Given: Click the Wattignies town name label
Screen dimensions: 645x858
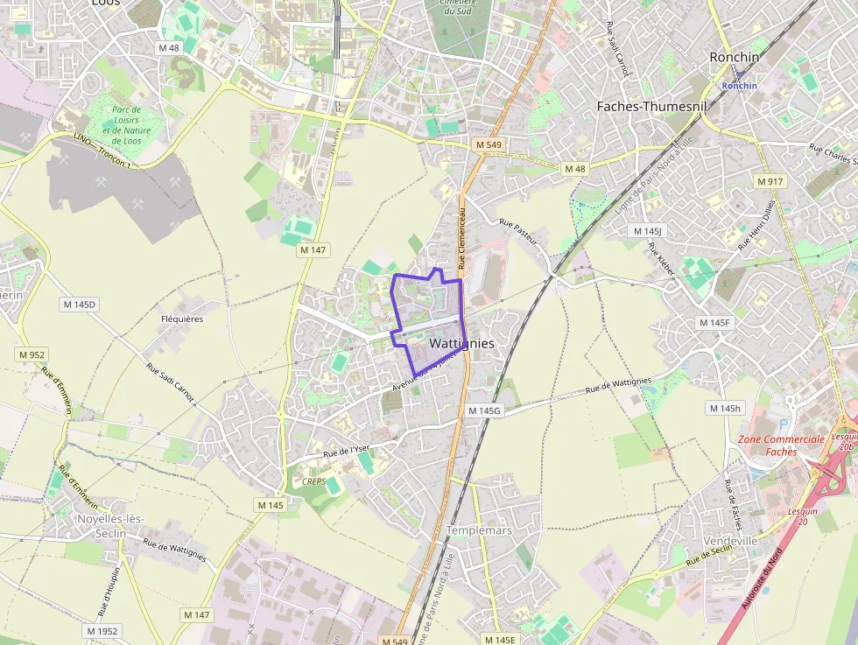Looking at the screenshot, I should point(462,344).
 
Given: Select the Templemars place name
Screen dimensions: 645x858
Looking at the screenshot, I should point(479,530).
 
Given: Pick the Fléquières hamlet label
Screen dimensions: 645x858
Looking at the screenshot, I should point(182,319).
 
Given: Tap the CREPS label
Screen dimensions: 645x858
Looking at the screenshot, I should point(313,481).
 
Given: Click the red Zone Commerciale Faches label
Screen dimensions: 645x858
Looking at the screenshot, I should point(781,445).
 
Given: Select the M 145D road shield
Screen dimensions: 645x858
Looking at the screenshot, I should point(80,304).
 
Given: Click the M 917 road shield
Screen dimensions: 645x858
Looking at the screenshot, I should point(770,181).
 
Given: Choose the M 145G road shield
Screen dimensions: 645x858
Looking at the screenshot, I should point(483,410).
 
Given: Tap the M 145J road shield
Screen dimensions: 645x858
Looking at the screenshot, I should point(648,230).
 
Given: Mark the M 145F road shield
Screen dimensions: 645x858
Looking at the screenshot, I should point(714,323).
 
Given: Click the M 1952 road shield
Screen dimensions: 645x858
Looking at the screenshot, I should point(102,630).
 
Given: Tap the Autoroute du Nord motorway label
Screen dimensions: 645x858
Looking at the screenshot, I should point(761,578).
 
